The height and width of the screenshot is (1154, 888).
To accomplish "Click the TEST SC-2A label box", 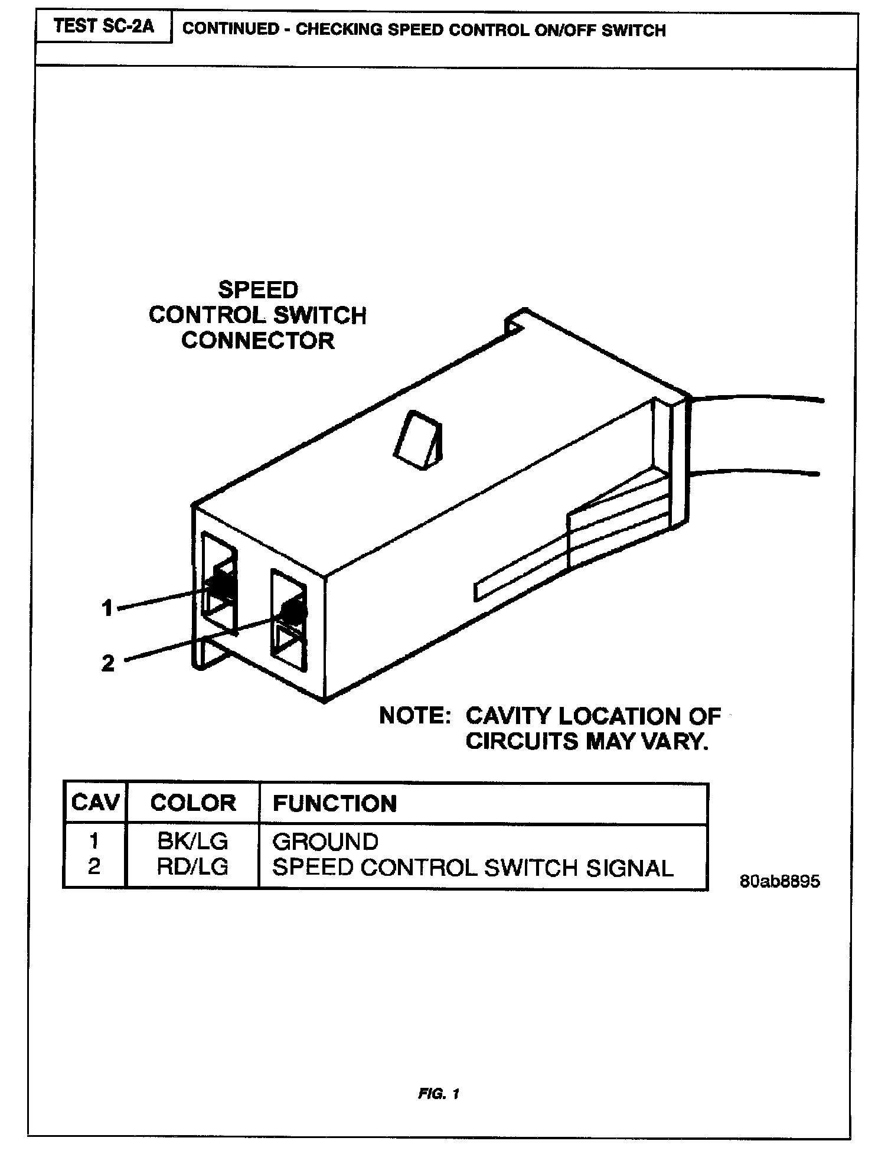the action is click(x=103, y=27).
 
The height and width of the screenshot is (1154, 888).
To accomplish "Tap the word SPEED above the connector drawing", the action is click(x=258, y=290).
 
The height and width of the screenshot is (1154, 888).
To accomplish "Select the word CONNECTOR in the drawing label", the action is click(x=258, y=341).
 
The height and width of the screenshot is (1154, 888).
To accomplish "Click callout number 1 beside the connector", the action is click(x=107, y=608).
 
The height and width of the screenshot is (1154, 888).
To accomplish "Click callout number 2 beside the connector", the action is click(x=107, y=663).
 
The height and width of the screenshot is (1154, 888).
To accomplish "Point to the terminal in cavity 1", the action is click(x=221, y=585).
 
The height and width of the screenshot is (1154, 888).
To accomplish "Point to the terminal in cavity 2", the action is click(x=293, y=612).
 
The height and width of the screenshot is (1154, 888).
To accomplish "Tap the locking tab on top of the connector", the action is click(x=417, y=440).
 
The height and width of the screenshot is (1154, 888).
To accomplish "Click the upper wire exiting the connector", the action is click(x=762, y=399).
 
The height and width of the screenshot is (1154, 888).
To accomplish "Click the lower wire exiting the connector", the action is click(x=762, y=472).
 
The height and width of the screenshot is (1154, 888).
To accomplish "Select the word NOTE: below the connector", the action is click(x=415, y=716).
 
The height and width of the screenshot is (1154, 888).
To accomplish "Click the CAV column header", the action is click(x=94, y=803).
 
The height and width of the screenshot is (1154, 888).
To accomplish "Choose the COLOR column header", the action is click(x=193, y=803).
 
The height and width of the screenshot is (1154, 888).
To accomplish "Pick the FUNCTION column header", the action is click(x=334, y=804).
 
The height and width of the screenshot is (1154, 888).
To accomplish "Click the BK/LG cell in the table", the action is click(x=192, y=841).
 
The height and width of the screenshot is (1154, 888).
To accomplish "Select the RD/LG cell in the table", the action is click(x=192, y=866).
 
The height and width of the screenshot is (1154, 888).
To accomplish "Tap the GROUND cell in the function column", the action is click(x=325, y=842).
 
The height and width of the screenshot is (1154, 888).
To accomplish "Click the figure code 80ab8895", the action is click(x=779, y=881).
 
